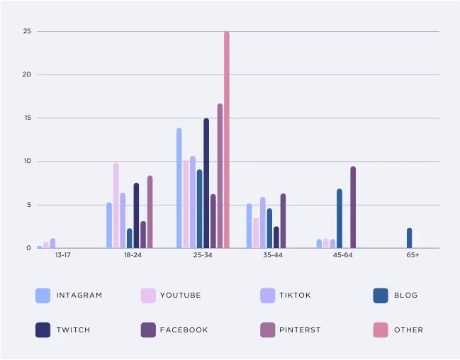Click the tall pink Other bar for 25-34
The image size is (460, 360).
[x=227, y=140]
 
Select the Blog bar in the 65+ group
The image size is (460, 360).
[x=409, y=238]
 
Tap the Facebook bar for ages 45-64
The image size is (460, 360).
[x=353, y=208]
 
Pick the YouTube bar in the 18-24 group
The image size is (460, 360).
[x=116, y=206]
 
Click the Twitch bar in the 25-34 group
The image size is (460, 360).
[x=206, y=183]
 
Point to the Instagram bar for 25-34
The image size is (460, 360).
[x=179, y=188]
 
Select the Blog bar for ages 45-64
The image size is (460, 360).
[x=340, y=218]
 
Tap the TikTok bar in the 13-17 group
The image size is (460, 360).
[x=52, y=244]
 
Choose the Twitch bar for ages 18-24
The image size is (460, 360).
[x=136, y=215]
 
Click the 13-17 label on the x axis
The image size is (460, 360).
[x=52, y=255]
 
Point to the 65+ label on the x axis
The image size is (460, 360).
[x=413, y=255]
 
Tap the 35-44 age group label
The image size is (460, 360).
[x=272, y=255]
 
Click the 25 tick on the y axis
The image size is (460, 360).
[x=27, y=31]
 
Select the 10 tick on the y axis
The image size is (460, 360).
[x=27, y=162]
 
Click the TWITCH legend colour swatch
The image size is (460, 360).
[x=43, y=330]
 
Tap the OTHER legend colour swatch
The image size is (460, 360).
[x=381, y=330]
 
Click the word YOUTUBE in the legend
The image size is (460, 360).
[x=180, y=296]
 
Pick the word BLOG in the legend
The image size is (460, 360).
[x=406, y=296]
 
